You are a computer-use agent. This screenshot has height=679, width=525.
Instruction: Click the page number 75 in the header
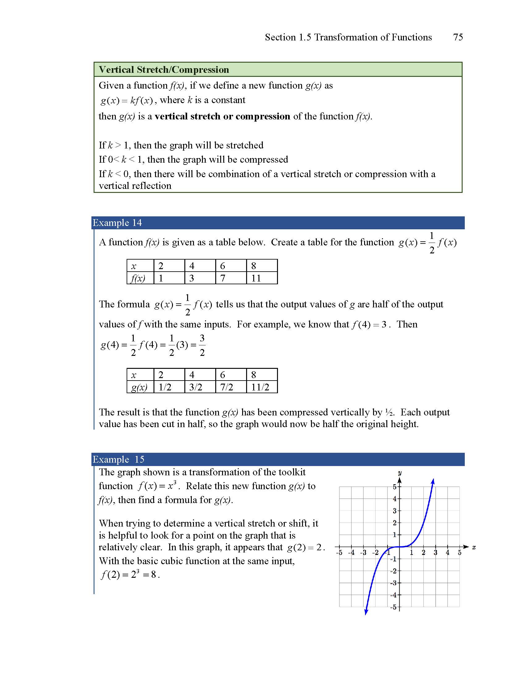click(458, 37)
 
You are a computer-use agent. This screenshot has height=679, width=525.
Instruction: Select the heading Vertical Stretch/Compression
click(164, 70)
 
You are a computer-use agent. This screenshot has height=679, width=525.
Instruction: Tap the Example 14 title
click(117, 223)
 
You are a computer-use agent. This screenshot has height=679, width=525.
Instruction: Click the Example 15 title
click(119, 460)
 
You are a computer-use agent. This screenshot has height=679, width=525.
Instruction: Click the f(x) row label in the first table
click(138, 278)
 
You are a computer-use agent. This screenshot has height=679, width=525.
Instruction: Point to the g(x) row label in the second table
click(139, 387)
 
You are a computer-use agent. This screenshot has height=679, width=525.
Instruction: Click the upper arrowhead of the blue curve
click(433, 481)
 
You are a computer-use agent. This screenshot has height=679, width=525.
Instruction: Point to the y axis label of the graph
click(400, 473)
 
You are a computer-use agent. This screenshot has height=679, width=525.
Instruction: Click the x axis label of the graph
click(474, 547)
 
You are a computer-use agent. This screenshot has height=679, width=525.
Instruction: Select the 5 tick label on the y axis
click(395, 487)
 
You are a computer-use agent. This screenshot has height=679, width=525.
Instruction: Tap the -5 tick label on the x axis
click(339, 553)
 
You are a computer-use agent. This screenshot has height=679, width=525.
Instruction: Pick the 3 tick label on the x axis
click(435, 553)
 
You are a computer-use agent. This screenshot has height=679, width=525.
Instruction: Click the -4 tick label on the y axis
click(394, 595)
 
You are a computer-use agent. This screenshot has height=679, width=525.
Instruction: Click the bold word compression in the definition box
click(263, 116)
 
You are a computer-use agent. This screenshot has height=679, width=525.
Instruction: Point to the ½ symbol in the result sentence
click(389, 412)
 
